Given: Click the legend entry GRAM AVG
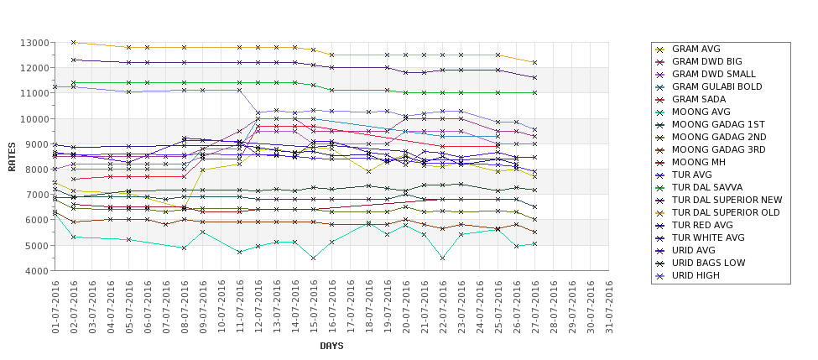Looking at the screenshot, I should point(696,50).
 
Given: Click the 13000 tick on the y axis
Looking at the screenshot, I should point(34,43).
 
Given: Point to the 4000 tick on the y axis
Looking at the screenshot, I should point(37,272).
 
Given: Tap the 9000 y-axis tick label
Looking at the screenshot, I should point(37,144).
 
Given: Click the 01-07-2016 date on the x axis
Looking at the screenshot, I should point(55,307).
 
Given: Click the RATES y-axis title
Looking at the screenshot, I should point(12,157).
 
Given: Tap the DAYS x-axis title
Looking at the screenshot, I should point(331,346).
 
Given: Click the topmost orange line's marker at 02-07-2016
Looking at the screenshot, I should point(74,42).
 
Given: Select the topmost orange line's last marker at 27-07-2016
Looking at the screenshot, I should point(534,63).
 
